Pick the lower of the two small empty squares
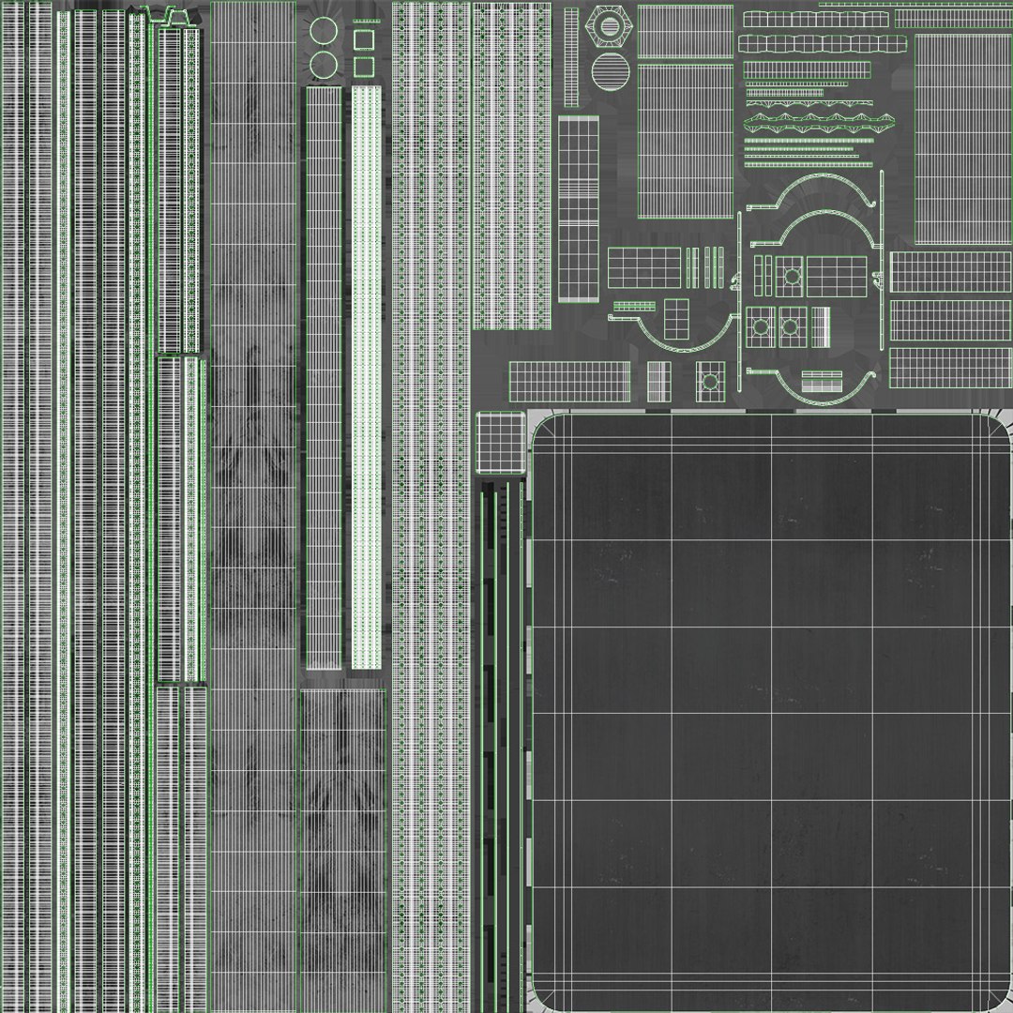coord(363,67)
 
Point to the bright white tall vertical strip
coord(366,375)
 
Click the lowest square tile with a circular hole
coord(710,381)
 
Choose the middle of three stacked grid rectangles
coord(949,320)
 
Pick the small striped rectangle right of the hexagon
coord(685,31)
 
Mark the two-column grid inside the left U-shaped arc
coord(676,318)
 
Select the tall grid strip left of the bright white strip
coord(323,375)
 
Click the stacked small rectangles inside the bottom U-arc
coord(822,381)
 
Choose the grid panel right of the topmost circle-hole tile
coord(837,275)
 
